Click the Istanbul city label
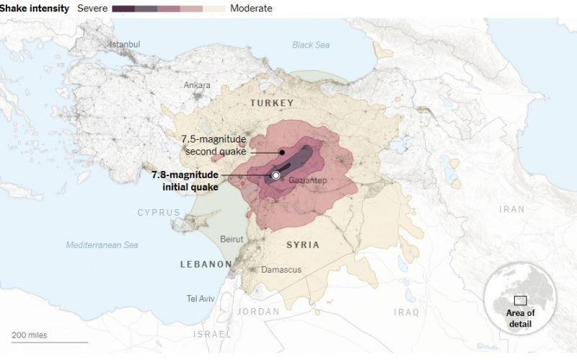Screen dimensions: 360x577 coord(125,45)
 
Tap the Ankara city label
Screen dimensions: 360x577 coord(197,85)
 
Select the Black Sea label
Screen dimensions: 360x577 coord(311,45)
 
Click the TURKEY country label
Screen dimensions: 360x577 coord(272,103)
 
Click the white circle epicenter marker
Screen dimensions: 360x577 coord(276,175)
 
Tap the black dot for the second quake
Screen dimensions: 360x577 coord(282,152)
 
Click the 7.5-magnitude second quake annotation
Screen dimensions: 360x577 coord(214,145)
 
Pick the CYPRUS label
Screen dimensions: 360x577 coord(159,212)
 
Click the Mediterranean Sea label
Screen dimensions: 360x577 coord(102,245)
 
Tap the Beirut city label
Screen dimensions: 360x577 coord(232,239)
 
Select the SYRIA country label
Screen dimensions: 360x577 coord(303,245)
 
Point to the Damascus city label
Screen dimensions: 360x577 coord(282,270)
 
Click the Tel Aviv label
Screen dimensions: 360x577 coord(201,299)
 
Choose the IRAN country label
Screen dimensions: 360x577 coord(512,209)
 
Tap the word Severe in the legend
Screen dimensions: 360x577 coord(92,9)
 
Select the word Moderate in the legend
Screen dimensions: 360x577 coord(251,9)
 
